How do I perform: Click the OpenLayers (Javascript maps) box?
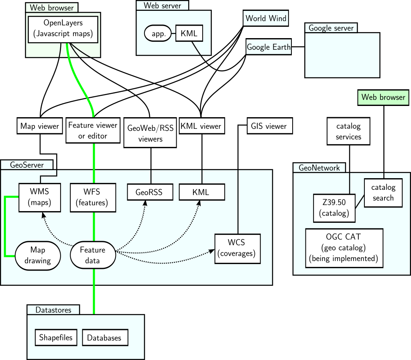tap(63, 29)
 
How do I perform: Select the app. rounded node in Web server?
tap(158, 34)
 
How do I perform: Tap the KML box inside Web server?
tap(189, 33)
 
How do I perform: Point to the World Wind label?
tap(266, 18)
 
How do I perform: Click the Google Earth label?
tap(269, 47)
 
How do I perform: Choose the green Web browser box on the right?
tap(383, 97)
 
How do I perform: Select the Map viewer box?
tap(40, 126)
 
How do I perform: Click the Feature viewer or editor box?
tap(93, 130)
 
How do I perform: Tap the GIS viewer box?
tap(269, 126)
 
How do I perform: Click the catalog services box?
tap(348, 131)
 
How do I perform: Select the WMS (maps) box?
tap(40, 197)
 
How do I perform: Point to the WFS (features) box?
tap(93, 197)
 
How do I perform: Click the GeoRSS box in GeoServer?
tap(149, 192)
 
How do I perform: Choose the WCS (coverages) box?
tap(237, 248)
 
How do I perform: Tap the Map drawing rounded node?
tap(38, 255)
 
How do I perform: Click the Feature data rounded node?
tap(93, 255)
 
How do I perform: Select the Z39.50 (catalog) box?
tap(334, 208)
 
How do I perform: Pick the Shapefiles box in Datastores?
tap(56, 338)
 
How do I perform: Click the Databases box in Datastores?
tap(105, 338)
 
